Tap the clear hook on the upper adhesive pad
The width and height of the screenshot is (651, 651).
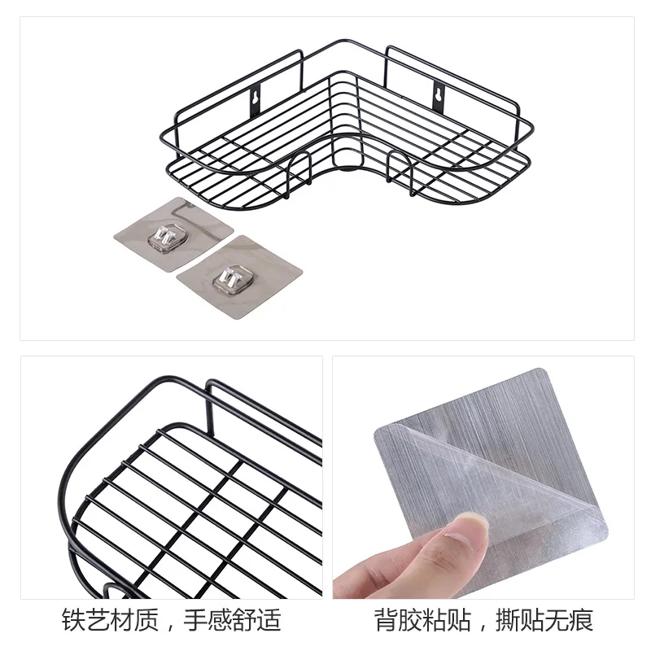click(168, 238)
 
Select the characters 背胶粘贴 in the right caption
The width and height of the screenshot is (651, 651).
click(423, 621)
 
